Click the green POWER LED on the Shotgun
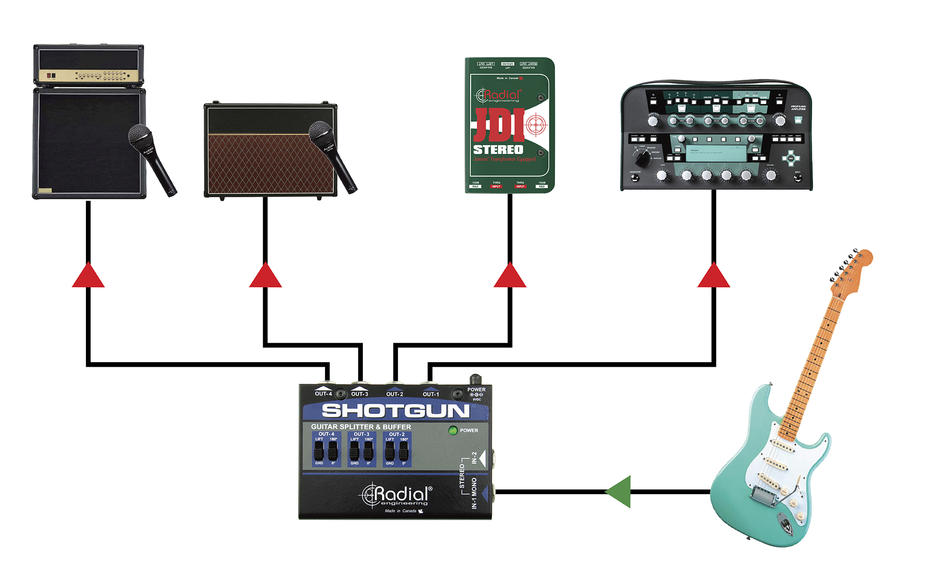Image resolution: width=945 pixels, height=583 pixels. click(x=453, y=431)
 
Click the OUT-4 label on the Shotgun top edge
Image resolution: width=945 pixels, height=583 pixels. click(x=324, y=394)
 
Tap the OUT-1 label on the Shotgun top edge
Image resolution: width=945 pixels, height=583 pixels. click(x=430, y=394)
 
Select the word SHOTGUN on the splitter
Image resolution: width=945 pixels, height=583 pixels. click(x=396, y=411)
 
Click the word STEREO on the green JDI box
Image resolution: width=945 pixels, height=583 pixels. click(x=498, y=150)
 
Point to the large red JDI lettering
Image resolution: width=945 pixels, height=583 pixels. click(x=498, y=125)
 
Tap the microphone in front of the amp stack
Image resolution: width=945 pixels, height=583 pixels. click(x=151, y=158)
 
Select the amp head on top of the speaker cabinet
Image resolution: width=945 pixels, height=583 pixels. click(x=88, y=65)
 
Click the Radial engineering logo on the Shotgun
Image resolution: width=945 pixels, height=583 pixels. click(x=397, y=496)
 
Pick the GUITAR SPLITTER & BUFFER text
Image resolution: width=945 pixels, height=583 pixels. click(x=361, y=427)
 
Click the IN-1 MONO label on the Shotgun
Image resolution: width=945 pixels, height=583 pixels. click(x=474, y=493)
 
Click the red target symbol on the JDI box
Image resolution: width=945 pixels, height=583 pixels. click(x=536, y=125)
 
